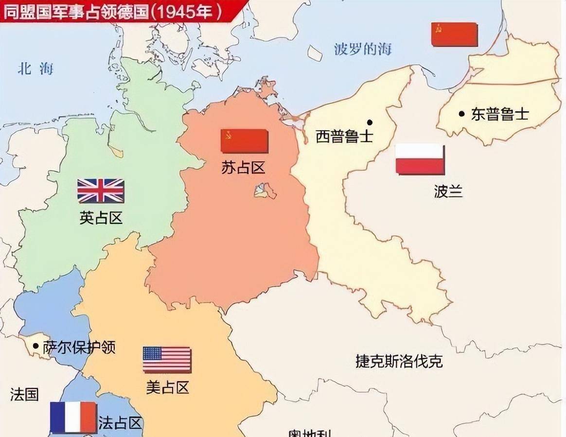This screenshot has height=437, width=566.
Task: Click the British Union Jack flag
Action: pyautogui.click(x=101, y=191)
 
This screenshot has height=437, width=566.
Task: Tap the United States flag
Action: pyautogui.click(x=167, y=360)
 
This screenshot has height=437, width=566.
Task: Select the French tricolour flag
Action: pyautogui.click(x=73, y=417)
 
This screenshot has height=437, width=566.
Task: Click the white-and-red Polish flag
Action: pyautogui.click(x=420, y=159)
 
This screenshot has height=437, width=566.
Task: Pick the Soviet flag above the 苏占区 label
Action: pyautogui.click(x=244, y=141)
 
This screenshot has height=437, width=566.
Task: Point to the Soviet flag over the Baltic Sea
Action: pyautogui.click(x=454, y=35)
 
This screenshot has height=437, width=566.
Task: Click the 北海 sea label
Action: pyautogui.click(x=35, y=69)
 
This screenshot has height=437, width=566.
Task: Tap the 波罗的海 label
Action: pyautogui.click(x=363, y=49)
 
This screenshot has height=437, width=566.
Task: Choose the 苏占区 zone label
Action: pyautogui.click(x=243, y=168)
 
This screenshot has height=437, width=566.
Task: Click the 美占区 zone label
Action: pyautogui.click(x=167, y=387)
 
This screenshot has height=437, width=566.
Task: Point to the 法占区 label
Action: pyautogui.click(x=120, y=422)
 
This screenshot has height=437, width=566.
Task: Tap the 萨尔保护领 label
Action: pyautogui.click(x=79, y=348)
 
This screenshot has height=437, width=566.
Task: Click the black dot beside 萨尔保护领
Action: pyautogui.click(x=35, y=346)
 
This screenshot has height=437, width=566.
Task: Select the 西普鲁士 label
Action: pyautogui.click(x=344, y=136)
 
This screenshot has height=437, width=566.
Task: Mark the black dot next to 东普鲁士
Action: pyautogui.click(x=461, y=114)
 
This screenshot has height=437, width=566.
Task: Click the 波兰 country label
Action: pyautogui.click(x=448, y=191)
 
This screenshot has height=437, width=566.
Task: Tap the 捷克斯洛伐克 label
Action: pyautogui.click(x=399, y=361)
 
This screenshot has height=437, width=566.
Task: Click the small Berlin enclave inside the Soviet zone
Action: pyautogui.click(x=265, y=190)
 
